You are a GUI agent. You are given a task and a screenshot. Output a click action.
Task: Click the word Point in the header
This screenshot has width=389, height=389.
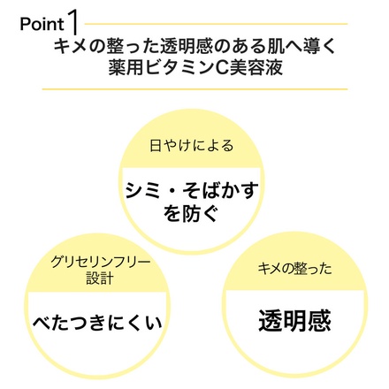coord(42,24)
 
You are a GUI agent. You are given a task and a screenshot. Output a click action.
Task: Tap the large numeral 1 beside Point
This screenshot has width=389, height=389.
coord(73,23)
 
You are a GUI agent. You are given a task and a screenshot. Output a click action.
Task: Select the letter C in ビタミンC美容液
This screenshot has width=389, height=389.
coord(220,68)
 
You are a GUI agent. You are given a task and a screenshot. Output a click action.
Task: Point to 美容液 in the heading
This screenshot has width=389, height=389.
coord(256,67)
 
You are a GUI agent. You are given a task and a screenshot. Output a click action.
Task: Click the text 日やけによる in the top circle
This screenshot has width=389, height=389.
coord(191,146)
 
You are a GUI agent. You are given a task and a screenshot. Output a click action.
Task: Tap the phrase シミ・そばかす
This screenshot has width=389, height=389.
coord(191,190)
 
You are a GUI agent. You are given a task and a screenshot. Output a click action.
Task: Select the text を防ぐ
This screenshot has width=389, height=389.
coord(191,214)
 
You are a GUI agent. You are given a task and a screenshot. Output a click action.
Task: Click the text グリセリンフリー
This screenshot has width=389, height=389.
coord(100,262)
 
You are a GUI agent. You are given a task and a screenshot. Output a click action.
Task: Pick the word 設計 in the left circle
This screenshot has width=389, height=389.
coord(100,278)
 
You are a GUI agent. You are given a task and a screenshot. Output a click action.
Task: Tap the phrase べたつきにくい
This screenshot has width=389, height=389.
coord(97,323)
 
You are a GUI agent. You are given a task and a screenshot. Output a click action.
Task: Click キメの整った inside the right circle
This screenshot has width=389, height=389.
coord(294,269)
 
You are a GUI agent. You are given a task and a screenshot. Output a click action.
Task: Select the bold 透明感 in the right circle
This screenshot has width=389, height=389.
coord(294,321)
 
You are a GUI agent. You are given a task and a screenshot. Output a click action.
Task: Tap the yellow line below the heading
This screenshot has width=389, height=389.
coord(194,88)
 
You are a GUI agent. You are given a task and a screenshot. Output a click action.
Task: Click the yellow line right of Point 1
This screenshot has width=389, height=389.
coord(216,24)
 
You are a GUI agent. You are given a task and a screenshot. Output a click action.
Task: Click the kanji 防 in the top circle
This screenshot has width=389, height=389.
coord(191,214)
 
